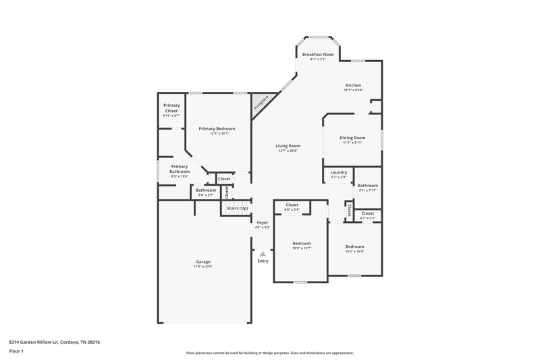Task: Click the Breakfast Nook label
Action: (x=317, y=54)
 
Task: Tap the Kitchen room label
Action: (x=353, y=85)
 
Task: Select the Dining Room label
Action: (x=353, y=138)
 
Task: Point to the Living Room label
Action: (x=288, y=146)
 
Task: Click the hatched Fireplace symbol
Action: (x=261, y=103)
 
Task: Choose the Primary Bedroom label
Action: (x=217, y=128)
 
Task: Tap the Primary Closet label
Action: (x=171, y=108)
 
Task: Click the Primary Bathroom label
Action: (x=179, y=169)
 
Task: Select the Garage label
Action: (x=203, y=261)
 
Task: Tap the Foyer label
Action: (x=262, y=222)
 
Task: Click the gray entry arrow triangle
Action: (x=263, y=254)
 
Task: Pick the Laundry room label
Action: (x=338, y=172)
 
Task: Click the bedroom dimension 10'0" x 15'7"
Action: (x=302, y=248)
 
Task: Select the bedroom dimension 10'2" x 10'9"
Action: (x=354, y=251)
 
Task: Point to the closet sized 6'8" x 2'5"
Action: (x=292, y=209)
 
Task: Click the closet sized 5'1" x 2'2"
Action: (x=368, y=218)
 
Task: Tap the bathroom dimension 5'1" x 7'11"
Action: (x=368, y=190)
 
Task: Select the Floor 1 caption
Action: (x=16, y=351)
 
